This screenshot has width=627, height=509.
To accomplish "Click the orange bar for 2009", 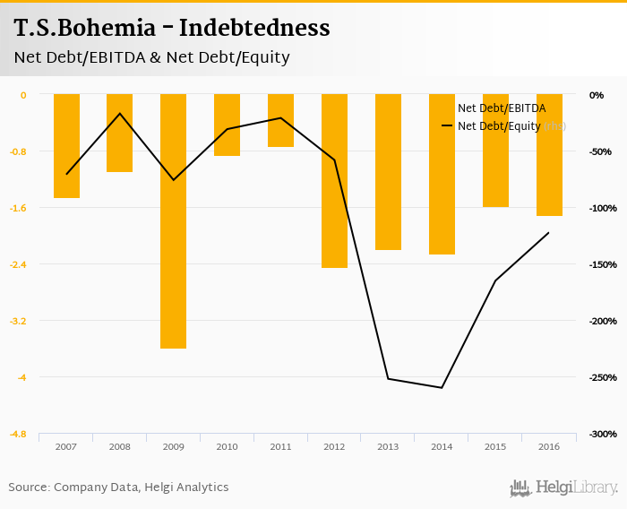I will point(173,220).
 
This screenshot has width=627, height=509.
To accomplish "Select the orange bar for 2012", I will point(334,180).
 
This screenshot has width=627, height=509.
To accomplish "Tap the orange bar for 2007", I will point(66,145).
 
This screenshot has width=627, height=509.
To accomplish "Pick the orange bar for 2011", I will point(280,120).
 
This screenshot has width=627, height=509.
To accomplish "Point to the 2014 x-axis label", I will point(442,446).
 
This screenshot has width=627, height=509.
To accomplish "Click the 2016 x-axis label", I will point(549,446).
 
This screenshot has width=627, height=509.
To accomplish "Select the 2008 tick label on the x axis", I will point(119,446).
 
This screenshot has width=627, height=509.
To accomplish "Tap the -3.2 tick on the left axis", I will point(18,321).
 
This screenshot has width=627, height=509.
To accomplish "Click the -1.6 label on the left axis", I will point(18,208).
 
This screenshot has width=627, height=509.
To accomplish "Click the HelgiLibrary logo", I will point(563,487).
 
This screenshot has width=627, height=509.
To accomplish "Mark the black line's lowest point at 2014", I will point(442,387).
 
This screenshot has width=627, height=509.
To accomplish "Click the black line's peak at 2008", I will point(119,114).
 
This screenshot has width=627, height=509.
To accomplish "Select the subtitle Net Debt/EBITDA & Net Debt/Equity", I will point(151,57).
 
